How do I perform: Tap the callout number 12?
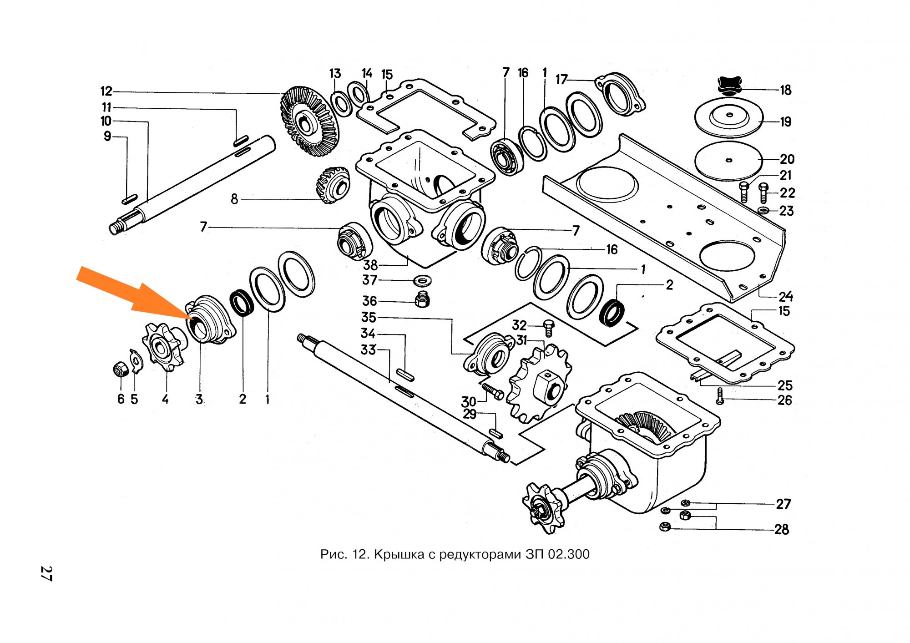point(106,91)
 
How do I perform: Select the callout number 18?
point(786,90)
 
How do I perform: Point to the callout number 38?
point(370,265)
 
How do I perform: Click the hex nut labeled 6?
point(120,370)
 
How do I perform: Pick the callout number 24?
point(786,297)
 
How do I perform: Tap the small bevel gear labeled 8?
point(333,184)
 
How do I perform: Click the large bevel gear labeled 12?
point(309,121)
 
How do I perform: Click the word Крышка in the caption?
point(399,554)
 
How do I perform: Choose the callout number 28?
point(782,529)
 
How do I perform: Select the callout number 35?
point(369,317)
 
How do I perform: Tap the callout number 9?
point(107,136)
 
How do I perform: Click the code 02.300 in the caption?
point(568,554)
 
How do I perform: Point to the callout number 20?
point(787,159)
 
